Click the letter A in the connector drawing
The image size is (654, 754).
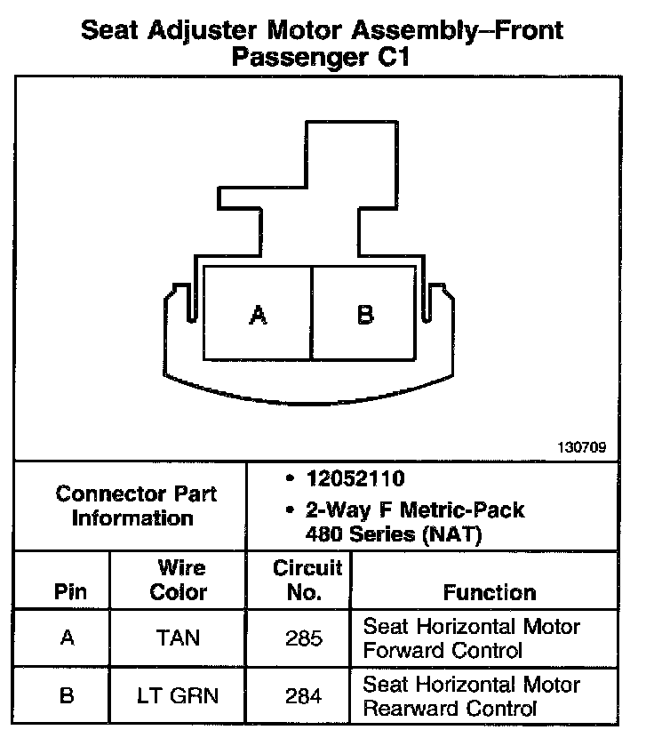point(258,315)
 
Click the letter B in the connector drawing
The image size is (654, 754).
point(365,315)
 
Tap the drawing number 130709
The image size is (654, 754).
point(583,448)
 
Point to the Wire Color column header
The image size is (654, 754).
point(178,580)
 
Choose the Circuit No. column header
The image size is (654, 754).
point(307,580)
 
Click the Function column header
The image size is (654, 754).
point(490,592)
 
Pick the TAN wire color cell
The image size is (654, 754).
point(178,638)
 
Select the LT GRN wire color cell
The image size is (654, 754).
point(178,696)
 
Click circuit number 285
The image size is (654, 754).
point(303,638)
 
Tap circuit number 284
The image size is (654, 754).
point(303,696)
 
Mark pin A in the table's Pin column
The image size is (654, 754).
point(67,638)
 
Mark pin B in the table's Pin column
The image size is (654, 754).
point(67,696)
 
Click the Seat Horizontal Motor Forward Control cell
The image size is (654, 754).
point(471,638)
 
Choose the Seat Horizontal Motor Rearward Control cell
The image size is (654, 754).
point(471,696)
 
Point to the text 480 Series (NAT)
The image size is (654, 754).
point(382,534)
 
